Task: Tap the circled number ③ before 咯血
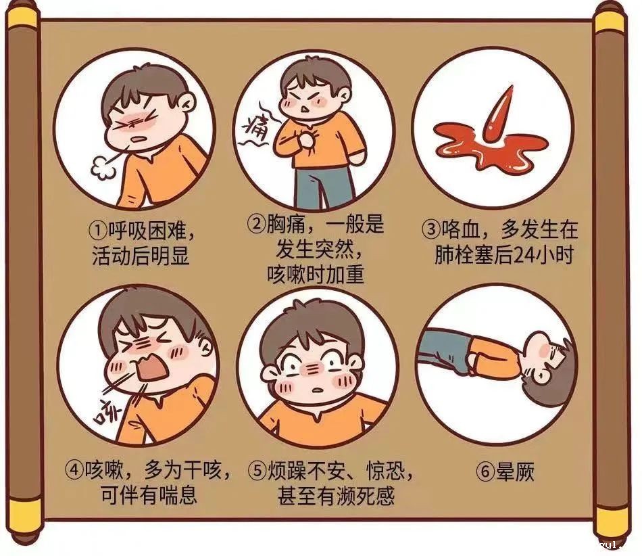click(433, 230)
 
